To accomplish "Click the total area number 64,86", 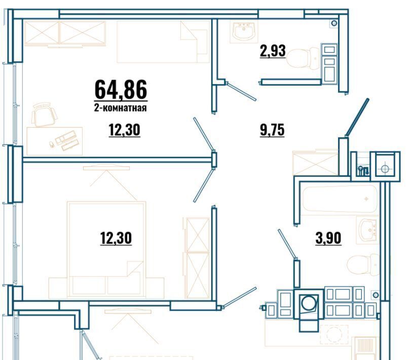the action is click(121, 90).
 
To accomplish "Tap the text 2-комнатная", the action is click(121, 108).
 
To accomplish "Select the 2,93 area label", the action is click(273, 51).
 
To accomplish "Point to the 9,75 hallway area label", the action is click(272, 130).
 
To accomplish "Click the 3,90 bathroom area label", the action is click(328, 238).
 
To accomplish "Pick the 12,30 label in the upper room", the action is click(124, 130).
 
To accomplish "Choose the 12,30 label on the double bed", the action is click(116, 238).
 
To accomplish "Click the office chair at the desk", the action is click(44, 115).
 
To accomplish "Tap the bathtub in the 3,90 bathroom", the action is click(340, 199).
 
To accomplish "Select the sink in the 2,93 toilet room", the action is click(244, 31).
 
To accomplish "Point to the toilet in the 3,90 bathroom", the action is click(363, 264).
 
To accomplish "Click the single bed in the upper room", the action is click(163, 42).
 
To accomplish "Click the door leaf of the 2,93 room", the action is click(241, 91).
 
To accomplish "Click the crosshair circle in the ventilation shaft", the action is click(385, 168).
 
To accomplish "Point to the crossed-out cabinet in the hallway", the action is click(316, 164).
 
